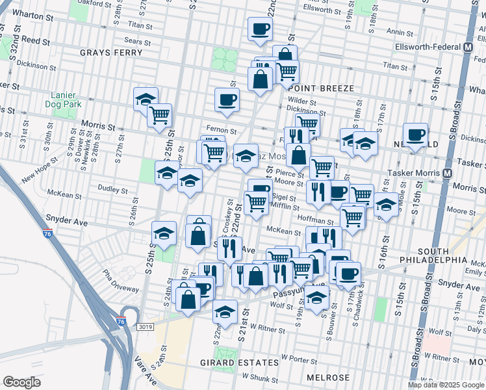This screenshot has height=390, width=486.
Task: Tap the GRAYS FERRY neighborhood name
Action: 106,52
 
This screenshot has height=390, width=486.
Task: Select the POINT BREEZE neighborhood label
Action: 322,88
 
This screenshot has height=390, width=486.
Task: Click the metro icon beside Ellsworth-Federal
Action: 468,47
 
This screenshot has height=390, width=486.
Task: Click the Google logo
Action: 22,382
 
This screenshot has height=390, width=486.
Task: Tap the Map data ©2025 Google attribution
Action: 446,385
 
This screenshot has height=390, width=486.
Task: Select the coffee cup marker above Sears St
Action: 260,29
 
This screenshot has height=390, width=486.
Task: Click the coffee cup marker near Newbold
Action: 415,135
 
